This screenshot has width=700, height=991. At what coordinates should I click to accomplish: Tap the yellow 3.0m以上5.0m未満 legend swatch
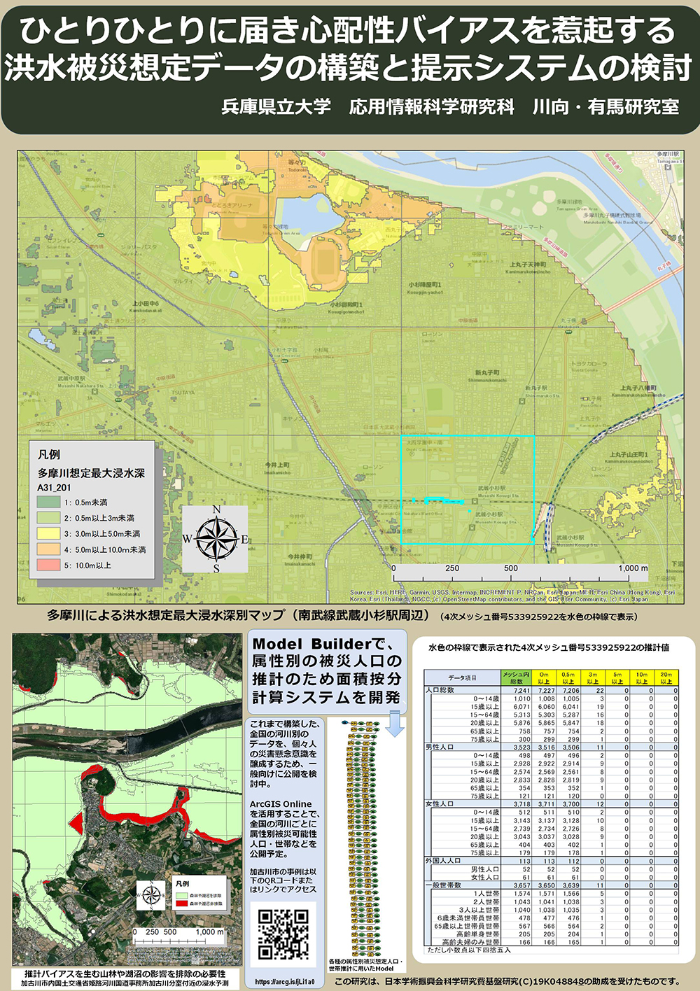49,533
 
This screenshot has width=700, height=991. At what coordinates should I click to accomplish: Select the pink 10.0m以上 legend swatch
49,565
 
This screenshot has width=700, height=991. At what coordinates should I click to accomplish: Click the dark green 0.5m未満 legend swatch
49,502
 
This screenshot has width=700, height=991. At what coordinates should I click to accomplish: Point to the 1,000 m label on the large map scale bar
633,568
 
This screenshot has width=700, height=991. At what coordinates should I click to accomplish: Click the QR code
283,934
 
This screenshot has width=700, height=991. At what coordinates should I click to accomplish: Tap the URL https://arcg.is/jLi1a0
284,982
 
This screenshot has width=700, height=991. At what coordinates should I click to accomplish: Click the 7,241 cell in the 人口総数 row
521,690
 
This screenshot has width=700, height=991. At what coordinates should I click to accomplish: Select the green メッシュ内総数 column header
517,677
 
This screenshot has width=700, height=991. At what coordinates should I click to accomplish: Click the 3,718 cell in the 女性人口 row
521,804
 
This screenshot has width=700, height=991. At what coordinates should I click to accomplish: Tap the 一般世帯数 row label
444,885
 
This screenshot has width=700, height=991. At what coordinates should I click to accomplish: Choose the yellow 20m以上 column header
666,677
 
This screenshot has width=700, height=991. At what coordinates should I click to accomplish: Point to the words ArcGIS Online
281,804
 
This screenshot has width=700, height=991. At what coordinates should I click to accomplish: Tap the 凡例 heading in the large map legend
49,454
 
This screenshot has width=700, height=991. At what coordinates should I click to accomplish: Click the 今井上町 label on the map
277,465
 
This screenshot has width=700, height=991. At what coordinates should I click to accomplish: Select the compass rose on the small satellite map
150,895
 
